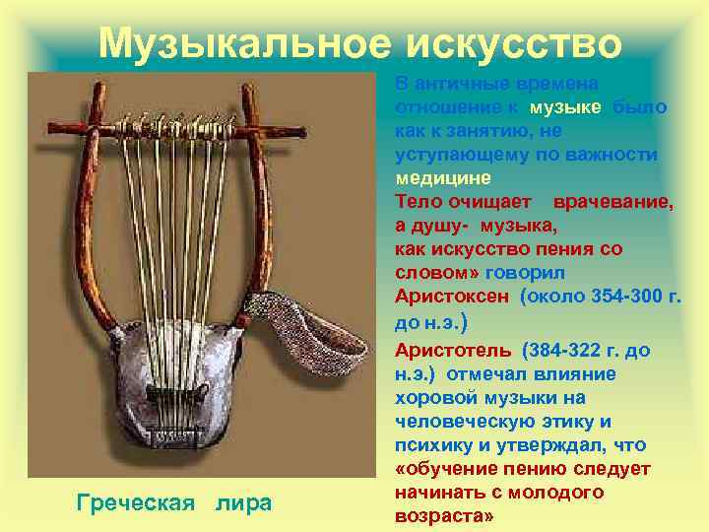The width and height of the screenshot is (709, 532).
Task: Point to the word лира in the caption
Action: tap(244, 503)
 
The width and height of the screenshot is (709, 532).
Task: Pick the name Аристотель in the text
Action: tap(453, 350)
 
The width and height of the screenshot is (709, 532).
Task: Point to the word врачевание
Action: tap(613, 202)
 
